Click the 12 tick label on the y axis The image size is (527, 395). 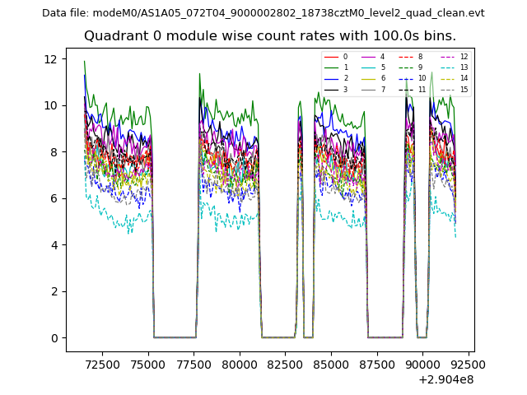pos(50,59)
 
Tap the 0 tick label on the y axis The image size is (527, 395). pos(54,338)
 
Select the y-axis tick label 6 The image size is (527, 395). pos(54,198)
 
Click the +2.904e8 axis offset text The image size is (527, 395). pos(445,379)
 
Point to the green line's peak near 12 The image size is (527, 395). pos(84,61)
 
